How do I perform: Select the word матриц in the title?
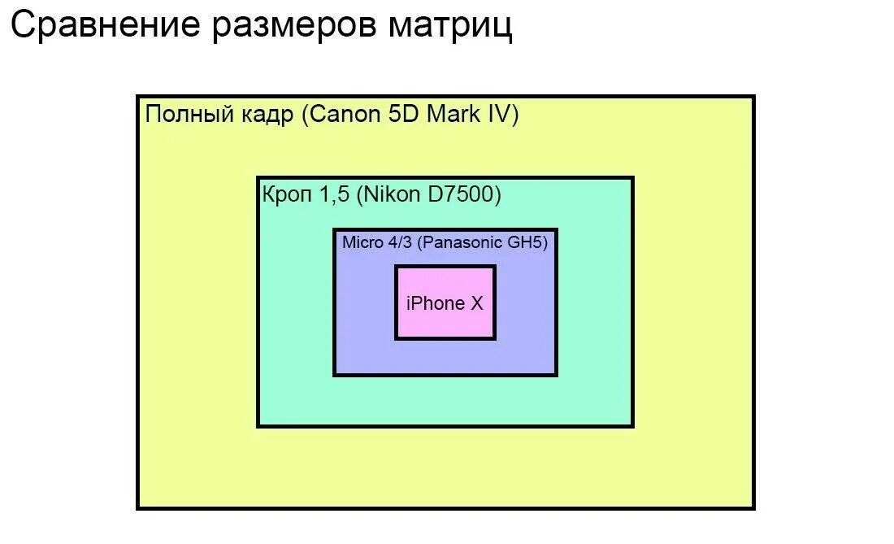click(450, 25)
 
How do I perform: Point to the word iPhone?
click(435, 303)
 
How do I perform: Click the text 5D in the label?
click(402, 114)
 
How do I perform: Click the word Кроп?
click(286, 195)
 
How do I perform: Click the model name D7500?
click(462, 194)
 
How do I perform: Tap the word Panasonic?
click(467, 242)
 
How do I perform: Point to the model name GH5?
click(532, 242)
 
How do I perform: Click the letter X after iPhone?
click(476, 303)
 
